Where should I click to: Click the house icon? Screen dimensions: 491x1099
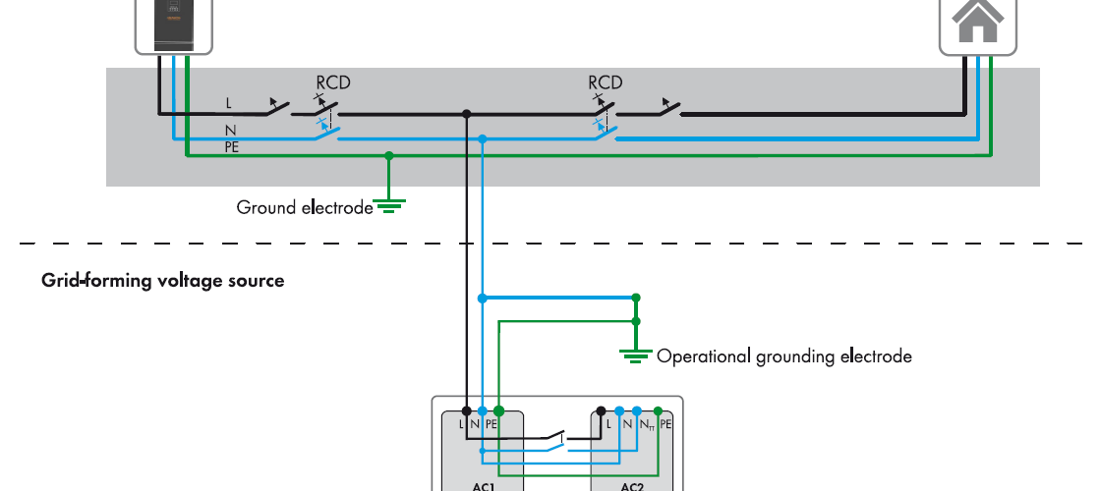coord(977,22)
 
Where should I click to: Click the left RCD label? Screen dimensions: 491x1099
coord(332,83)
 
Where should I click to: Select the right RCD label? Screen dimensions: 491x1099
coord(606,83)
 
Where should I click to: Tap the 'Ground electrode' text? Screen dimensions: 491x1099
coord(305,207)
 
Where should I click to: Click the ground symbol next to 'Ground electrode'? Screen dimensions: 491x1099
coord(389,206)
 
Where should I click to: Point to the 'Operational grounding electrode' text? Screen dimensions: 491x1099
coord(783,356)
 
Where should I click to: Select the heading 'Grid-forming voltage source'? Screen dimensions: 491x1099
coord(162,281)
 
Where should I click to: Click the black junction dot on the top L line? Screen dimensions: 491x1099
coord(466,114)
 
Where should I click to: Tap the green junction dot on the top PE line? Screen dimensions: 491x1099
coord(389,155)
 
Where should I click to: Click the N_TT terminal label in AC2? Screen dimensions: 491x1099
coord(646,424)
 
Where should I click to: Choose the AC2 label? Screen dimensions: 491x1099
coord(632,485)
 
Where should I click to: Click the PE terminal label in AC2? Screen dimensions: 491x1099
coord(665,424)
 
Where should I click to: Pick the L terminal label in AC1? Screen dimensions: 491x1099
coord(461,424)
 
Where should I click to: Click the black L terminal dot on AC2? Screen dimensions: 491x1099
coord(600,410)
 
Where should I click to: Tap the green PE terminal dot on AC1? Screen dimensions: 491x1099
coord(498,410)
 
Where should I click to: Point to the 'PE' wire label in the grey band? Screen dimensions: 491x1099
coord(232,147)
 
